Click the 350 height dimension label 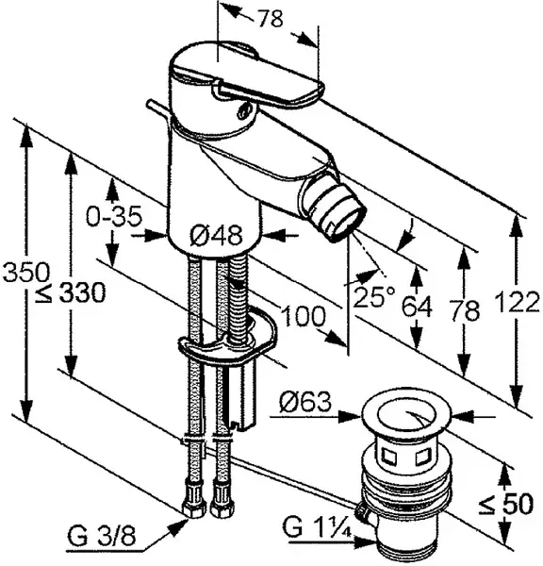click(25, 272)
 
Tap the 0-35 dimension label click(114, 217)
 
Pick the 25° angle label click(374, 297)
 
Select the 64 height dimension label click(417, 307)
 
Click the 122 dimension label click(518, 302)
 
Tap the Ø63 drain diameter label click(304, 402)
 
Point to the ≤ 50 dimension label click(506, 504)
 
